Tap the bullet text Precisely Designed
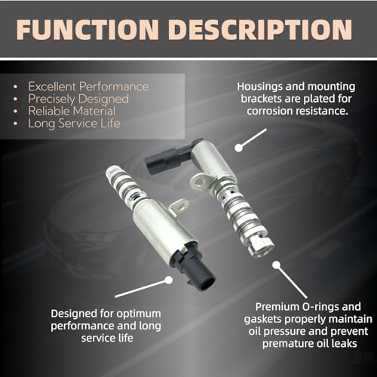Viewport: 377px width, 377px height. tap(78, 99)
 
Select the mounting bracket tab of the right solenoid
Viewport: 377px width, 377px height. tap(199, 180)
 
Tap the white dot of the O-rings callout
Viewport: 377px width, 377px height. tap(277, 265)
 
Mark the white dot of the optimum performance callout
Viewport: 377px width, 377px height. tap(168, 280)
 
